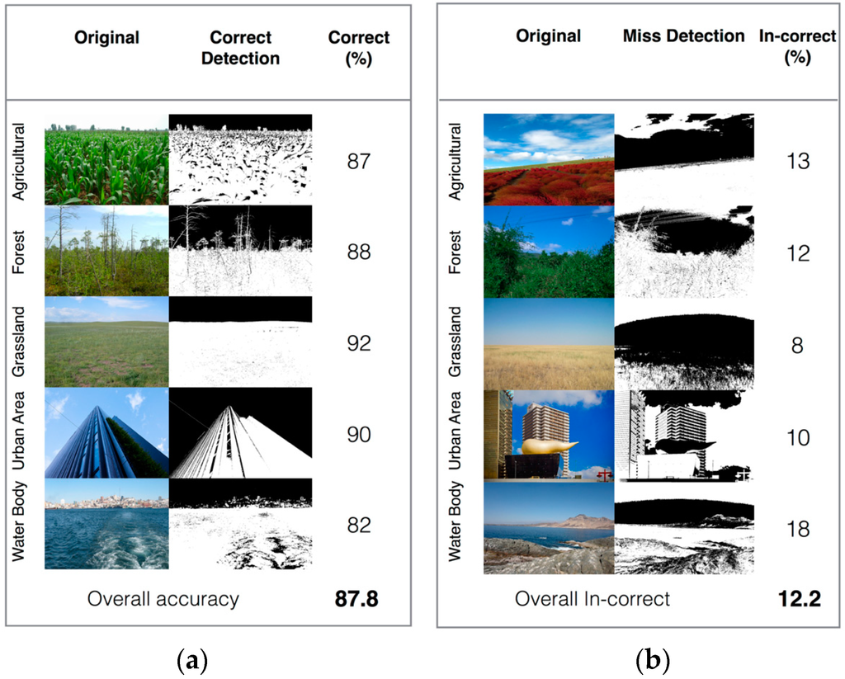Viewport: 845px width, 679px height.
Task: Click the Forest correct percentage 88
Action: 359,251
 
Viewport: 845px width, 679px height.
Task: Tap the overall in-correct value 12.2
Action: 798,599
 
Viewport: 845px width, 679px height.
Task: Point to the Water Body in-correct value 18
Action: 798,529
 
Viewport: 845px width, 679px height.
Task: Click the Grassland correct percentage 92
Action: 359,342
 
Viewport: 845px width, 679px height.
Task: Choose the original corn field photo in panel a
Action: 106,159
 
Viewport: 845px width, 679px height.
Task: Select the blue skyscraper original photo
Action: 106,432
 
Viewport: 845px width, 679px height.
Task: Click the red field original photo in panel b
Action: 549,159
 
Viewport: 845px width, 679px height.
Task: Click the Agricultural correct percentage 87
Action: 359,160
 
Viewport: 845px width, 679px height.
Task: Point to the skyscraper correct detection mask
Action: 241,432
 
